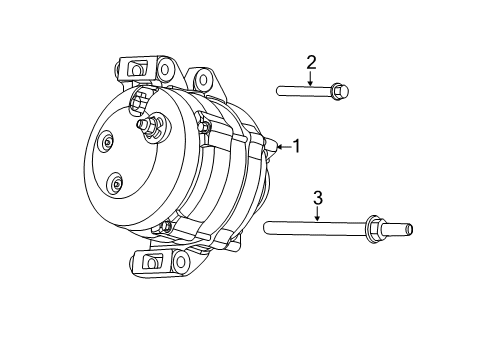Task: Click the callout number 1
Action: click(296, 146)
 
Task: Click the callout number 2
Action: click(311, 63)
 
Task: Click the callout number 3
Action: click(317, 197)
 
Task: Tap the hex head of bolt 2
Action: click(340, 92)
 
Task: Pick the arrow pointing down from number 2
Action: click(311, 79)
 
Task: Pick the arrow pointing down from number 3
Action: click(317, 213)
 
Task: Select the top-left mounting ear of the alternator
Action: click(136, 70)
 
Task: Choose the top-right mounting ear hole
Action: click(205, 79)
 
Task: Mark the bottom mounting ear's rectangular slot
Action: click(154, 261)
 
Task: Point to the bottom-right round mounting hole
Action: click(183, 262)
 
